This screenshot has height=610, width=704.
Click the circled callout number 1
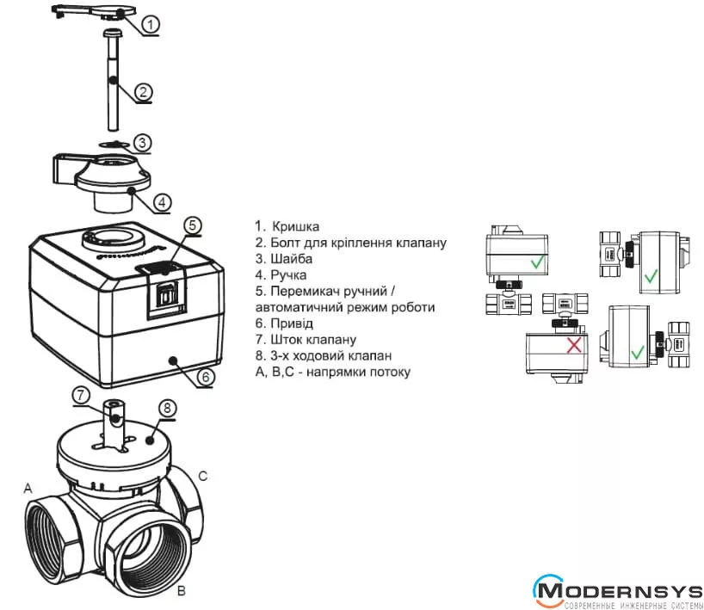pos(150,24)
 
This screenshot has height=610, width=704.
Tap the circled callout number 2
pos(144,91)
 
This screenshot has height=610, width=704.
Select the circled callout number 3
pos(144,143)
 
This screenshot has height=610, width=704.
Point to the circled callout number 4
pos(163,202)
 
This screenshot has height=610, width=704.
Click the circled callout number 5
pos(194,225)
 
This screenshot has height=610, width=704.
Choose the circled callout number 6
pos(206,376)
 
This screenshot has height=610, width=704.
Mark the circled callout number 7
pos(80,395)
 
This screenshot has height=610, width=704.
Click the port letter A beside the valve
pos(28,488)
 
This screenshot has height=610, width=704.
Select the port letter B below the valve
pos(181,591)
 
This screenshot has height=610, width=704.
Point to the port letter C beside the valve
pos(203,476)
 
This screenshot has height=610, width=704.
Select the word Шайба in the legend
pos(292,259)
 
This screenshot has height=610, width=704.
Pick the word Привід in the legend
pos(293,323)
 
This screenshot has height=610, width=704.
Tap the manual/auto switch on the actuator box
pos(165,292)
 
